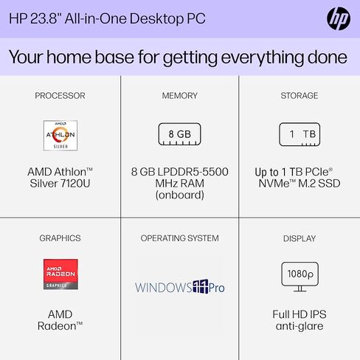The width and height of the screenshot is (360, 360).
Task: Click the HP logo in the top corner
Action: [339, 18]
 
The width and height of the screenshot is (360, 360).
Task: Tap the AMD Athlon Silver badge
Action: [60, 136]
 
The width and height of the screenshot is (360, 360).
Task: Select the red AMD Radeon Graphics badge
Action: [60, 274]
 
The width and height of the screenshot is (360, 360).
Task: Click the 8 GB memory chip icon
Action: [179, 134]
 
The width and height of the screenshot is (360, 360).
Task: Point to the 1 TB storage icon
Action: [300, 134]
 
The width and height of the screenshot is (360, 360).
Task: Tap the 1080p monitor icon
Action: [300, 277]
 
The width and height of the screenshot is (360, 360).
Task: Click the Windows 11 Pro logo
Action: [180, 287]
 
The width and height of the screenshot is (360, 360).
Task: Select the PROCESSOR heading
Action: [60, 96]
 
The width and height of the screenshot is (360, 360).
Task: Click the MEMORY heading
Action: [180, 96]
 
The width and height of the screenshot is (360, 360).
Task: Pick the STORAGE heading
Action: [300, 96]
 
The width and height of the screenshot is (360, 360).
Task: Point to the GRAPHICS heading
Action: [60, 238]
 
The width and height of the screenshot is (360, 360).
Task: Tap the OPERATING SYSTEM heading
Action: [180, 238]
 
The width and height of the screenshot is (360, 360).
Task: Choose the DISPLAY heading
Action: [300, 238]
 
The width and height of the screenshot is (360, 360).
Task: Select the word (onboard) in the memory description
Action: [180, 195]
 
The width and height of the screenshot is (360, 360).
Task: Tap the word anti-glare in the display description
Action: [300, 326]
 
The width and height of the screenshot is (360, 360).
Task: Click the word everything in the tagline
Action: [263, 58]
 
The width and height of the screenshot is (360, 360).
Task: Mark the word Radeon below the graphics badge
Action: [57, 326]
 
